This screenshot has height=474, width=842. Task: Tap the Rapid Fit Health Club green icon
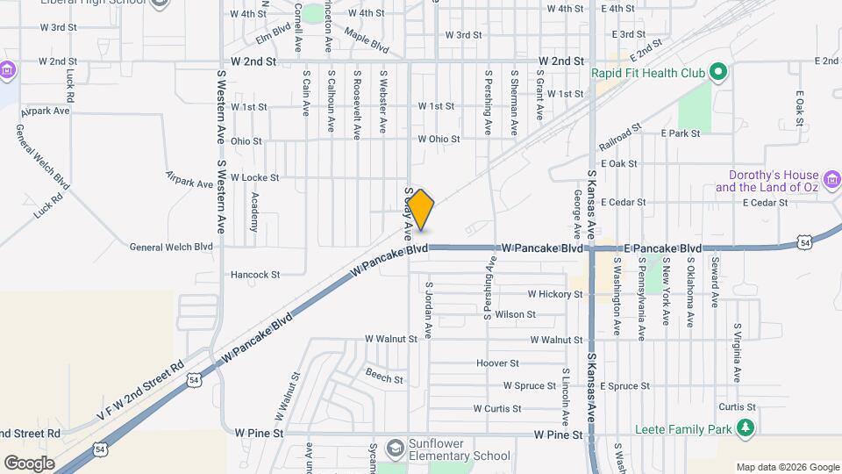(x=718, y=73)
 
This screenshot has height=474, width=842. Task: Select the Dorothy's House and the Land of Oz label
(x=766, y=182)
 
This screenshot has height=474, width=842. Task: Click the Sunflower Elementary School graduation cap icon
(x=395, y=448)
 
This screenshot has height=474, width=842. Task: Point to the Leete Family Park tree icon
(x=746, y=428)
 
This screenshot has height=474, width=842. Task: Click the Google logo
(x=29, y=463)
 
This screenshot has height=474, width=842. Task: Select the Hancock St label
(x=254, y=275)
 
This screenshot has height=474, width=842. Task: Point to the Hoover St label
(x=497, y=363)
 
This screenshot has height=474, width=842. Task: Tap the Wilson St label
(x=515, y=314)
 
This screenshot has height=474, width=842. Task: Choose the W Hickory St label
(x=554, y=294)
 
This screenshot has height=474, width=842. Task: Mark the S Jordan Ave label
(x=429, y=309)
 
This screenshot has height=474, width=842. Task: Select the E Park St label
(x=681, y=133)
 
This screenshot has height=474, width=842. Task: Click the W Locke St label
(x=253, y=177)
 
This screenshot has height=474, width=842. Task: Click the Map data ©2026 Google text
(x=787, y=467)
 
